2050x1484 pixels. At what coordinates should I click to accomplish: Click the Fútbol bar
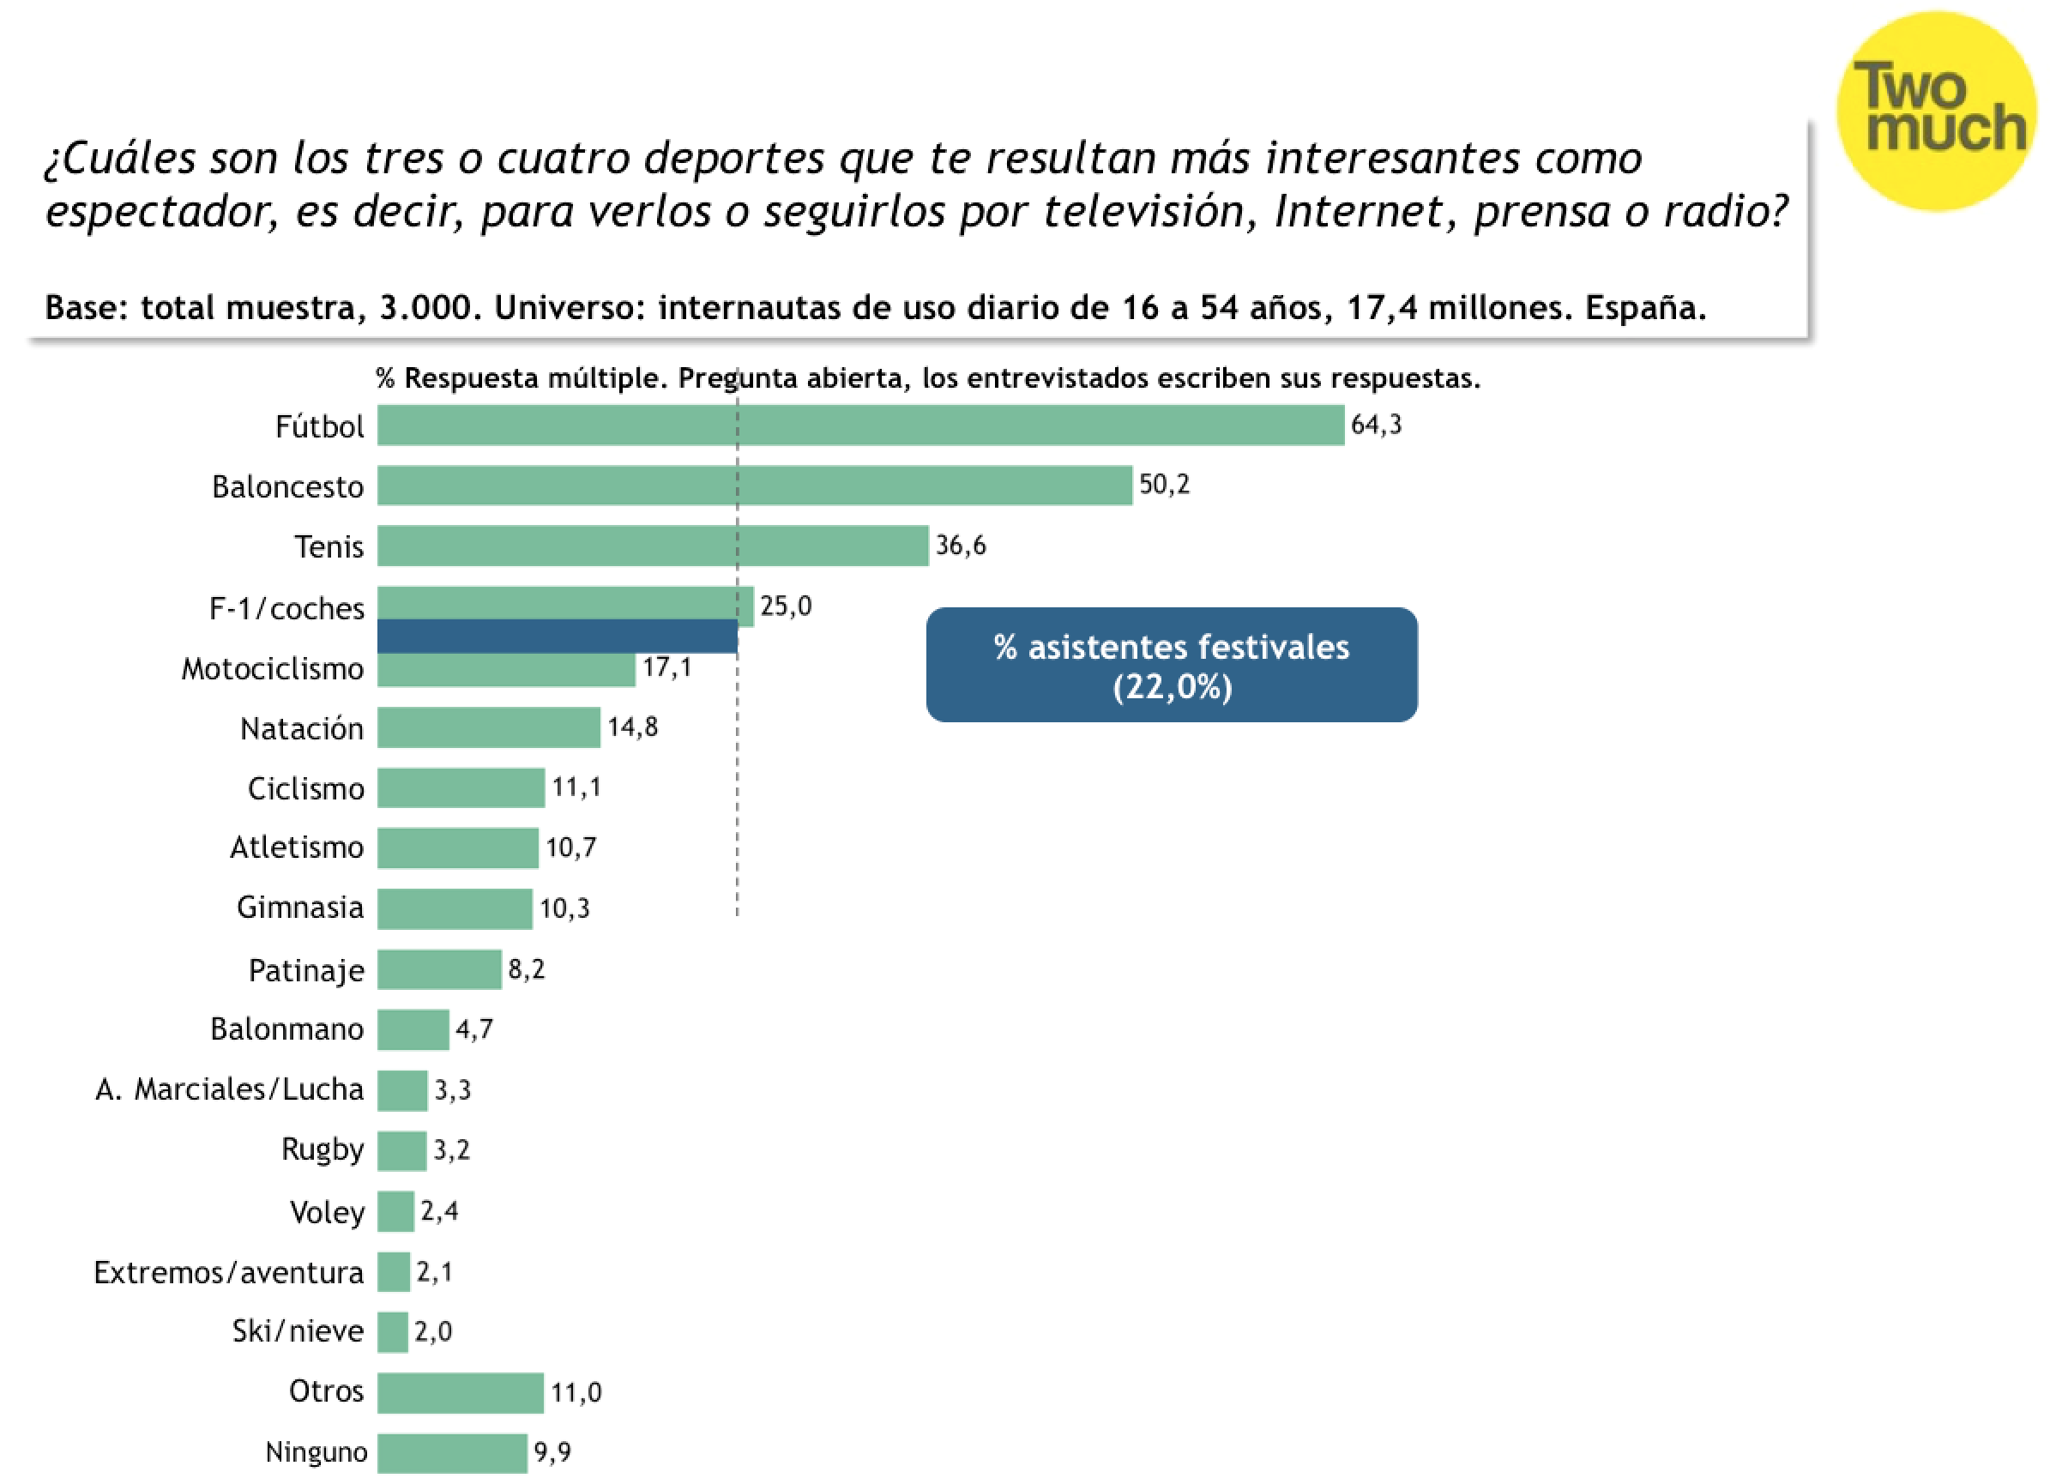coord(860,425)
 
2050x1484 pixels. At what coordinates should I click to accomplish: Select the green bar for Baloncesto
coord(755,486)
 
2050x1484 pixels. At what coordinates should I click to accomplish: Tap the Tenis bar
coord(653,546)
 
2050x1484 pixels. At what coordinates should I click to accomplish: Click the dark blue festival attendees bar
coord(557,636)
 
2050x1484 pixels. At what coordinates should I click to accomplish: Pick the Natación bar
coord(489,727)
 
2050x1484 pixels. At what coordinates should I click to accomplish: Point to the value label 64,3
coord(1377,425)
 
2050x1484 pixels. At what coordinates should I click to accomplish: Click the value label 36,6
coord(961,546)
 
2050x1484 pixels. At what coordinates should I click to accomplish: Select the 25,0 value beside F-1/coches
coord(786,606)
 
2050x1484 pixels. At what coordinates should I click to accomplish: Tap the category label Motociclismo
coord(273,669)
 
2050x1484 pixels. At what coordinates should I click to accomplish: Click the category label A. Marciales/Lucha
coord(230,1090)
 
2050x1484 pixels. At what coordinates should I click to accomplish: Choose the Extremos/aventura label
coord(229,1272)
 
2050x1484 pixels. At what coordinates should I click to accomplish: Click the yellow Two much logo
coord(1936,111)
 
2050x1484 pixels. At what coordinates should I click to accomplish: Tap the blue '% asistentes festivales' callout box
coord(1172,665)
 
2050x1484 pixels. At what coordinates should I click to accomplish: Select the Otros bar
coord(461,1393)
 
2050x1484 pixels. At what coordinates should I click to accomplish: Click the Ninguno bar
coord(452,1453)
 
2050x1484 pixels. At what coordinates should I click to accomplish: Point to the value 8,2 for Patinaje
coord(527,970)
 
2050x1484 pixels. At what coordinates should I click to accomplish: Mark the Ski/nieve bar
coord(392,1332)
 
